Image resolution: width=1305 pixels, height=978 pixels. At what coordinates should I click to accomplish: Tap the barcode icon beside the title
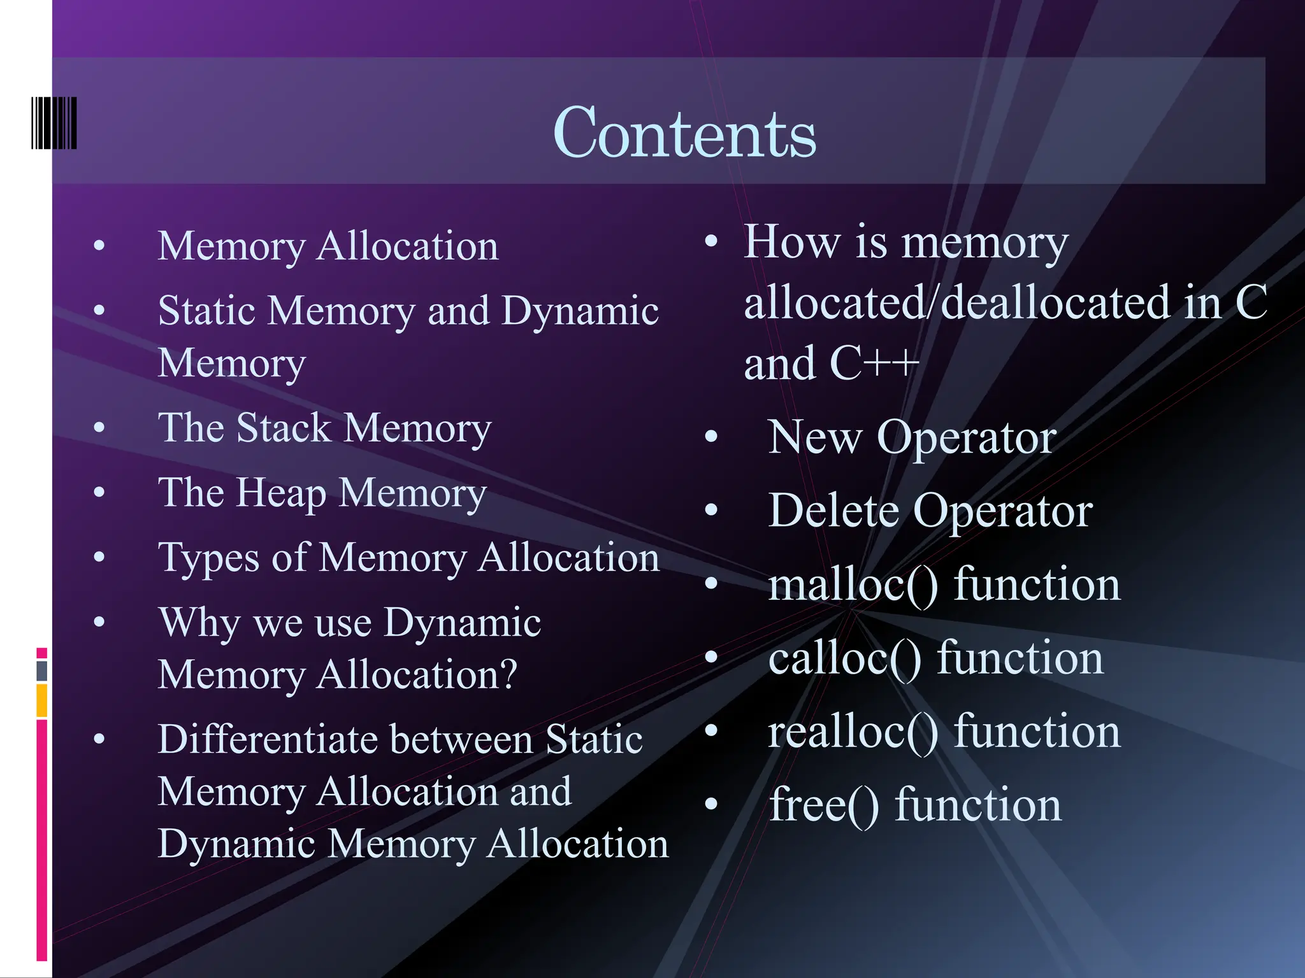(x=54, y=123)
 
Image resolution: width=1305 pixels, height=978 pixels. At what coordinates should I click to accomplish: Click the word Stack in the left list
(x=284, y=427)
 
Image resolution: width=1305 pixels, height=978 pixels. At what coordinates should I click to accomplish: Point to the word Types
(x=208, y=558)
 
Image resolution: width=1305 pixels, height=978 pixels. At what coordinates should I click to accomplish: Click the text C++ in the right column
(x=874, y=363)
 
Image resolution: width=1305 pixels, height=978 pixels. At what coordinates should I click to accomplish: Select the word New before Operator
(x=814, y=437)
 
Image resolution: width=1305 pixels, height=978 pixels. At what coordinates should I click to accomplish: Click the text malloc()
(x=853, y=585)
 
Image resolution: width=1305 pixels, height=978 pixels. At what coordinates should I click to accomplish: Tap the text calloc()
(x=844, y=658)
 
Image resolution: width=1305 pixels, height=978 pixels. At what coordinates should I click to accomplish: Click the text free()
(x=824, y=805)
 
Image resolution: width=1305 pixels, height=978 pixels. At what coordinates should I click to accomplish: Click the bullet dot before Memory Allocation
(x=99, y=246)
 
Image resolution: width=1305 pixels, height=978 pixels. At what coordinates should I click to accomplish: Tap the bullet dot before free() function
(x=712, y=804)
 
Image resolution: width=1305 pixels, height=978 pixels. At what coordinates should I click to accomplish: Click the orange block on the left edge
(x=42, y=700)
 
